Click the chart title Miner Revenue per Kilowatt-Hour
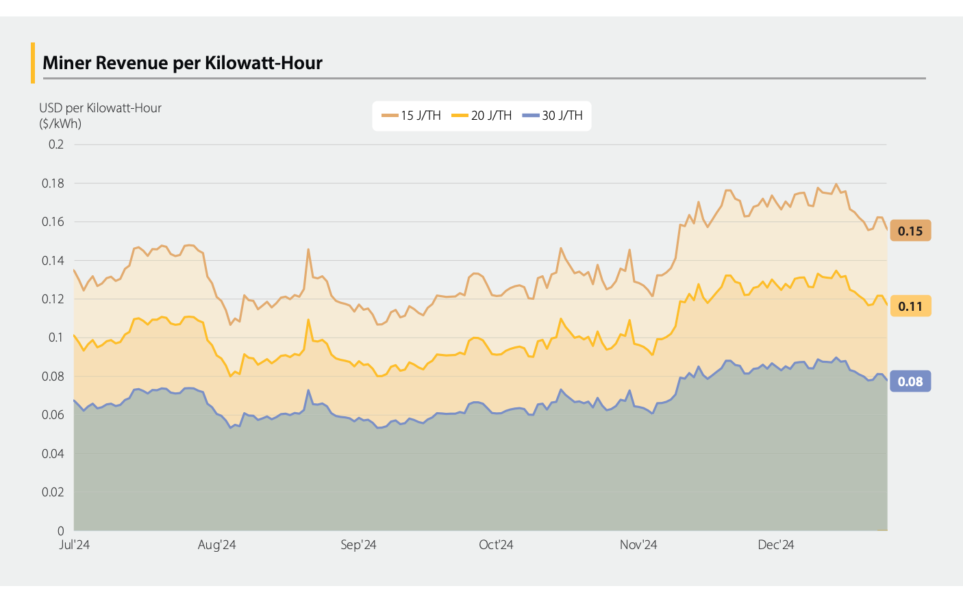[x=182, y=63]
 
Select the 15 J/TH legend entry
[x=412, y=116]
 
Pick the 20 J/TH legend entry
[x=482, y=116]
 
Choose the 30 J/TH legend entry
[x=553, y=116]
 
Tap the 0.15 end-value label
[x=910, y=231]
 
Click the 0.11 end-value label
[x=910, y=307]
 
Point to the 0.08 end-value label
[x=910, y=382]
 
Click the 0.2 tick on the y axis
[x=56, y=144]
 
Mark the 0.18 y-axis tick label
[x=53, y=183]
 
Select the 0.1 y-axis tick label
[x=56, y=338]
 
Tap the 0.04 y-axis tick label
[x=53, y=454]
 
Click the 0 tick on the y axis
[x=60, y=531]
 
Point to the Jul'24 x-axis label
[x=75, y=545]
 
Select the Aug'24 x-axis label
[x=216, y=545]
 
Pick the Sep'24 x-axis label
[x=358, y=545]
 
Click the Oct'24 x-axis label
[x=496, y=545]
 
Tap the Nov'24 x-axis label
[x=638, y=545]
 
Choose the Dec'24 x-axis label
[x=775, y=545]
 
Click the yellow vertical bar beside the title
[x=32, y=63]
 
